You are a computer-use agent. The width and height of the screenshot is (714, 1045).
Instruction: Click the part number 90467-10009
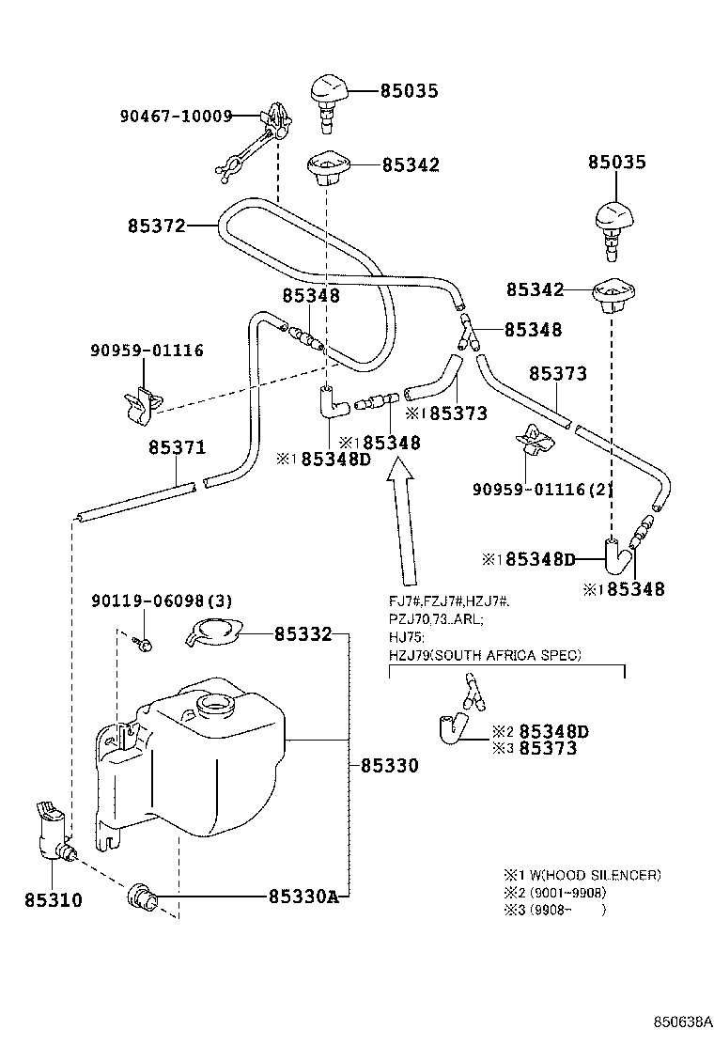coord(175,117)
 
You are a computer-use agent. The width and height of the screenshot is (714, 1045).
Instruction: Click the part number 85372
coord(156,226)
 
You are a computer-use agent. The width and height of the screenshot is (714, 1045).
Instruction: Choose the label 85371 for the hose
coord(176,448)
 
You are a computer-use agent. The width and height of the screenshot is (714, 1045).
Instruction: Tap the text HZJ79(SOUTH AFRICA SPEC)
coord(485,654)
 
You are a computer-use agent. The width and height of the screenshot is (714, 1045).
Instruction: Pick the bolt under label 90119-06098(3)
coord(144,643)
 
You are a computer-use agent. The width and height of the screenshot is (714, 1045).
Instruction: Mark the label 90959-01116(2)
coord(529,489)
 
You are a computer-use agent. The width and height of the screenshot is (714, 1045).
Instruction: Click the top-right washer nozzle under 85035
coord(616,224)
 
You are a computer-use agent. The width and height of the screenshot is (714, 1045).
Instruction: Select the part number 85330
coord(388,766)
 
